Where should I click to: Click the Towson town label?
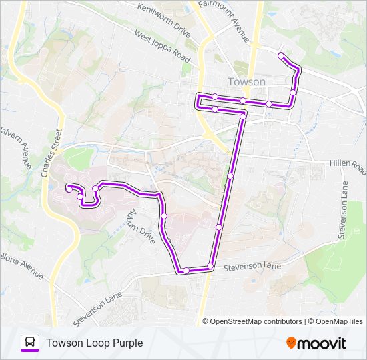point(246,82)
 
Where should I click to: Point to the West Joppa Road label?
point(162,46)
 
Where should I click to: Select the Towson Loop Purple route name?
point(94,343)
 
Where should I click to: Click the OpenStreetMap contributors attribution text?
point(252,321)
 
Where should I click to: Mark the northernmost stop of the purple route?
point(281,55)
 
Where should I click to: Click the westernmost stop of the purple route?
point(69,189)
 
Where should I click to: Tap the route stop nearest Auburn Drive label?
point(164,216)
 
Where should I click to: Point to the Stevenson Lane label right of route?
point(252,266)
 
